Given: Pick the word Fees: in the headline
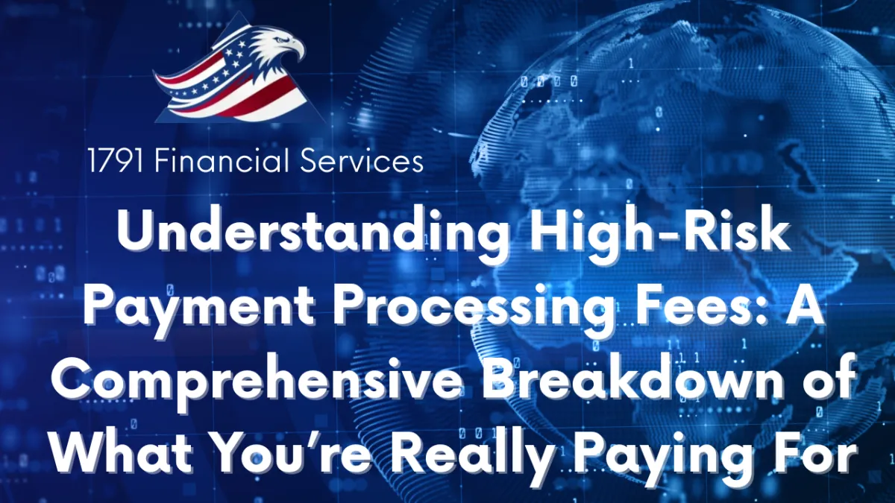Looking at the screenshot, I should point(698,307).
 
